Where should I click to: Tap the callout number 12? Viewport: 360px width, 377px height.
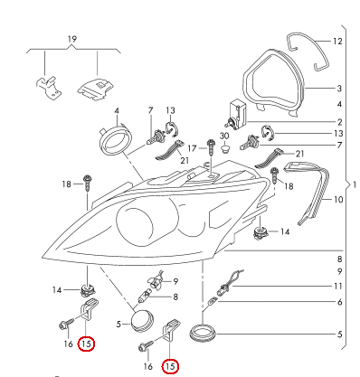tap(338, 42)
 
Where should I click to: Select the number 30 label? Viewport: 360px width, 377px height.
tap(224, 135)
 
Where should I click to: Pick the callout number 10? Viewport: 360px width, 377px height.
tap(339, 199)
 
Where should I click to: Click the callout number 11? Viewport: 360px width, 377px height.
tap(338, 287)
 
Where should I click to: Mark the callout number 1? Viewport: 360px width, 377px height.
tap(355, 184)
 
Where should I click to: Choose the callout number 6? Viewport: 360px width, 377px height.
tap(338, 302)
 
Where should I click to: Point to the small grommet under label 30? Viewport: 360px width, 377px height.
tap(224, 149)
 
